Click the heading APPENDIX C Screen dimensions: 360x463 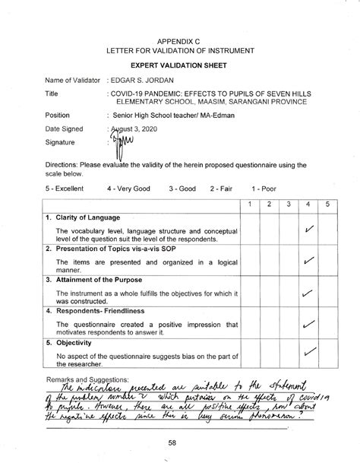[x=180, y=39]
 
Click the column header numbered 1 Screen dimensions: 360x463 [x=251, y=205]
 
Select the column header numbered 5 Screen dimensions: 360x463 [x=327, y=205]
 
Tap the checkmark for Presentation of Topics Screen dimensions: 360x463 [x=309, y=262]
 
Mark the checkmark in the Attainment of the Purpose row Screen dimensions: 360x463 [x=309, y=293]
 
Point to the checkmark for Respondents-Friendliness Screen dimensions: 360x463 [x=309, y=325]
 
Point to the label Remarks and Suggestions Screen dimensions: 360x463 [x=87, y=377]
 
